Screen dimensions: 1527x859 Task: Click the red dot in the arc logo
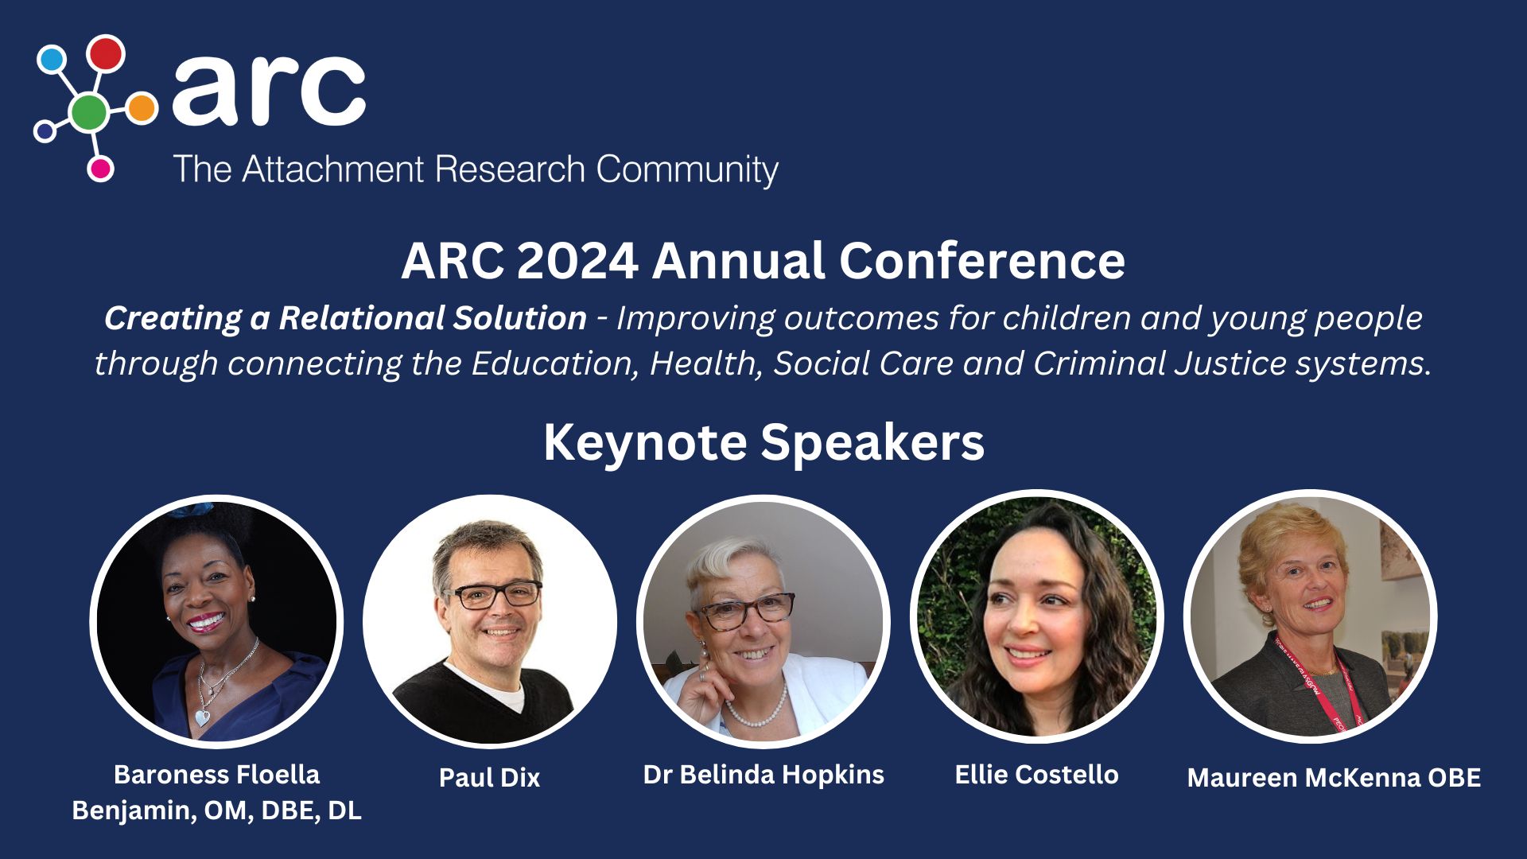coord(106,52)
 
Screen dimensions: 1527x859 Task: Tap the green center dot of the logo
coord(89,112)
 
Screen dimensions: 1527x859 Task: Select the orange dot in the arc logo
coord(142,108)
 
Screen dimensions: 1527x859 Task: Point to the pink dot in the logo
coord(100,169)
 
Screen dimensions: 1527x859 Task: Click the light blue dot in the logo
coord(51,59)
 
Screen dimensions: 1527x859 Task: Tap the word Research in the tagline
coord(511,169)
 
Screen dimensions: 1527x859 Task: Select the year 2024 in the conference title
coord(577,261)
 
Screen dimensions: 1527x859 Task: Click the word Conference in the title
coord(982,261)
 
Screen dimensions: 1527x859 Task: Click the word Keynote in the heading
coord(645,443)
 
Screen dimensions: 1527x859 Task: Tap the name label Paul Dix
coord(489,777)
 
